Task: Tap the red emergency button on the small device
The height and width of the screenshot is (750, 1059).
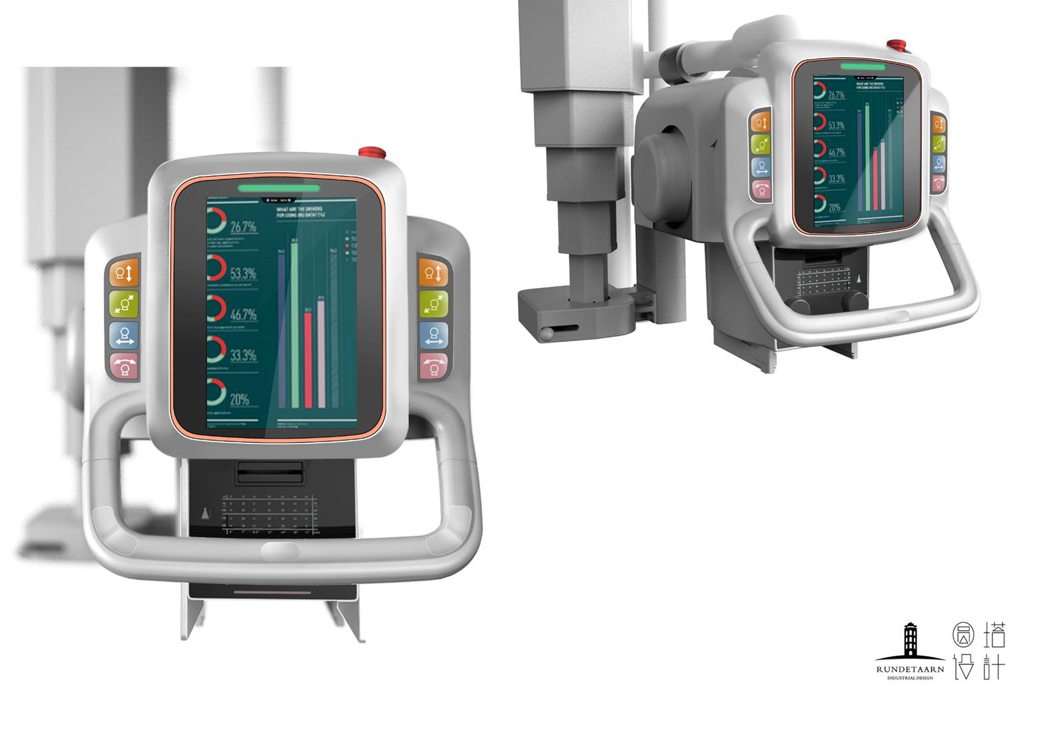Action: point(896,45)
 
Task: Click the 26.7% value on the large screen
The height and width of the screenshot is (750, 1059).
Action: point(243,227)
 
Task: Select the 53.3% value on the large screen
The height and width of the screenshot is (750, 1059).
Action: point(243,273)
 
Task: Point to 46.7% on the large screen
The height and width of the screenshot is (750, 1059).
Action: point(243,314)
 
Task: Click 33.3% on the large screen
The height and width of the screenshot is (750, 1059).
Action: point(243,355)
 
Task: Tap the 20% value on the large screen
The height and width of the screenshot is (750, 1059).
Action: point(240,399)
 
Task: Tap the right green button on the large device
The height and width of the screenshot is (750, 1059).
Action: point(434,305)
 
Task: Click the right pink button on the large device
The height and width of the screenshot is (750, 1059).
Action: point(434,366)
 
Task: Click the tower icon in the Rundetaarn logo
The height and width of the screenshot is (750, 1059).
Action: point(910,639)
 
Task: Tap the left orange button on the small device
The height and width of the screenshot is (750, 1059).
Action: point(761,123)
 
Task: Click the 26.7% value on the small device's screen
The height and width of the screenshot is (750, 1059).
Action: point(836,95)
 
